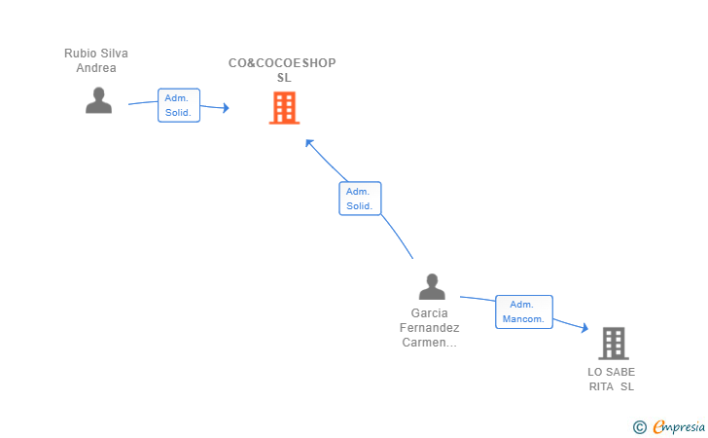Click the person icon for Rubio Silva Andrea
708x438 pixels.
(98, 100)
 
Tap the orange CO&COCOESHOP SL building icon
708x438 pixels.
(284, 108)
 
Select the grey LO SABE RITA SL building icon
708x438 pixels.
(614, 343)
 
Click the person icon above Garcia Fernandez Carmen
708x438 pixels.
(432, 286)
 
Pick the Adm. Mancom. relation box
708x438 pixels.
(524, 311)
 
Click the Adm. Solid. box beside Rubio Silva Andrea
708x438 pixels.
(179, 105)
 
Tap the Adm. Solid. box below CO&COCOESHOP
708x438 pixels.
(360, 199)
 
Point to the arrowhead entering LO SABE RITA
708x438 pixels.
(584, 328)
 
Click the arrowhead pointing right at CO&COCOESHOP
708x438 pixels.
(226, 108)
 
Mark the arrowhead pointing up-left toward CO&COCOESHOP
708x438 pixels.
(309, 143)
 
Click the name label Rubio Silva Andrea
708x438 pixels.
(96, 60)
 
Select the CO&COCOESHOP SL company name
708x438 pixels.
(282, 70)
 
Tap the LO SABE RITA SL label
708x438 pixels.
(612, 380)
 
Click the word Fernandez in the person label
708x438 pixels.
(430, 328)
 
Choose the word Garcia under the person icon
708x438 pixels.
(430, 312)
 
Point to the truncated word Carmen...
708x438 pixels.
(430, 343)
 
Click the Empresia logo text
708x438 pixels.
(679, 426)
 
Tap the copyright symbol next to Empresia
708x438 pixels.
(640, 427)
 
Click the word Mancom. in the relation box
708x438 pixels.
(523, 319)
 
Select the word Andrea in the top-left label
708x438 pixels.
(96, 68)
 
